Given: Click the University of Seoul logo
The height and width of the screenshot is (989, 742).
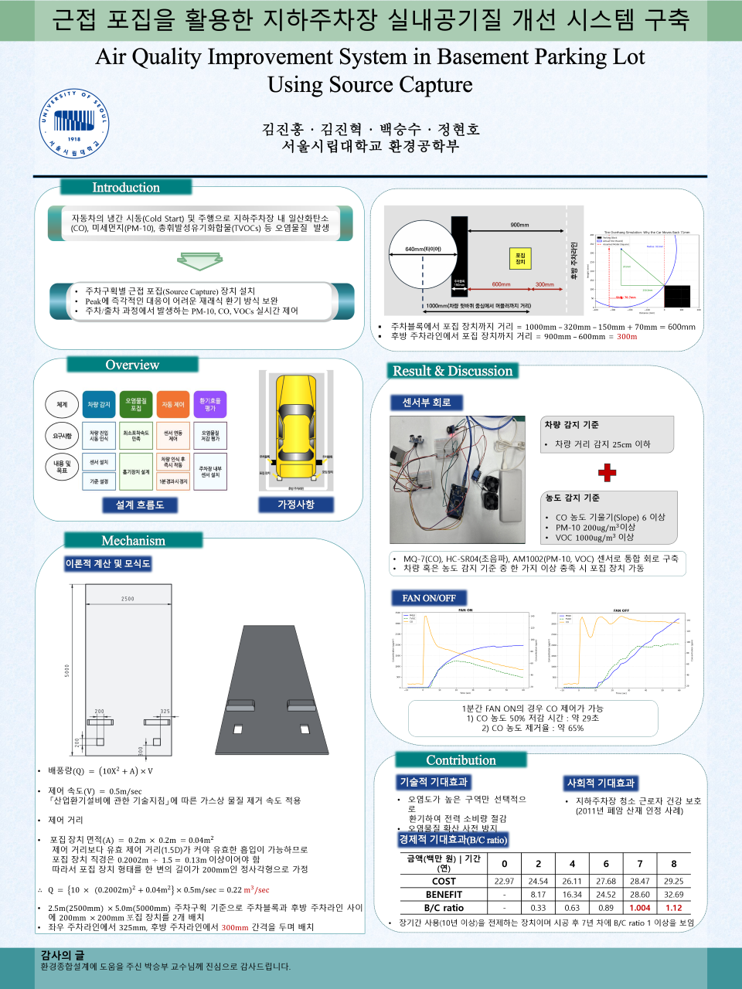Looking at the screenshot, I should pyautogui.click(x=74, y=124).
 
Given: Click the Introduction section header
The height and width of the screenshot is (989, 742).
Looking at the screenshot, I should pyautogui.click(x=125, y=187).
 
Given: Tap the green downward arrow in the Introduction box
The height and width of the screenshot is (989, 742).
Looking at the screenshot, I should pyautogui.click(x=199, y=262).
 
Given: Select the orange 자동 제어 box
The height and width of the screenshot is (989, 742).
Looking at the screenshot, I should pyautogui.click(x=173, y=404).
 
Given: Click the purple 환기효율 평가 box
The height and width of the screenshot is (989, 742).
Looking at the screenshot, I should pyautogui.click(x=210, y=404).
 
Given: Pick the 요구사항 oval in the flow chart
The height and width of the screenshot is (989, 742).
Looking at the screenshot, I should pyautogui.click(x=62, y=436).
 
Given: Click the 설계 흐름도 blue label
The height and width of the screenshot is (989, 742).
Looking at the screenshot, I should pyautogui.click(x=140, y=505).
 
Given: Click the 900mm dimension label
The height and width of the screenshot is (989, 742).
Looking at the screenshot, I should pyautogui.click(x=519, y=225).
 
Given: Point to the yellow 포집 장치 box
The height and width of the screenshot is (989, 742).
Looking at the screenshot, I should pyautogui.click(x=520, y=258).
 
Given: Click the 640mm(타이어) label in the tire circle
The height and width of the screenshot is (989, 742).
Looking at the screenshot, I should pyautogui.click(x=423, y=249).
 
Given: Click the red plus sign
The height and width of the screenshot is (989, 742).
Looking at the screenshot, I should pyautogui.click(x=607, y=472).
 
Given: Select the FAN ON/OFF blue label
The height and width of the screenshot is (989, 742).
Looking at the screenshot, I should pyautogui.click(x=429, y=598).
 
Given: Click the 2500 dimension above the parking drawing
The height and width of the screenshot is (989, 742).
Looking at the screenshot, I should pyautogui.click(x=128, y=599).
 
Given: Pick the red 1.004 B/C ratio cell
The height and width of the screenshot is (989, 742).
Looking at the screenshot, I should pyautogui.click(x=639, y=908).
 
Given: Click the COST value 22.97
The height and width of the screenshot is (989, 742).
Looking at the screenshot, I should pyautogui.click(x=504, y=881).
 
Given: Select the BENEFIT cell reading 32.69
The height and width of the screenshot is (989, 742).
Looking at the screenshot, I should pyautogui.click(x=673, y=895).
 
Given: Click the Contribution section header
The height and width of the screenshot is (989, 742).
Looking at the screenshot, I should pyautogui.click(x=461, y=760).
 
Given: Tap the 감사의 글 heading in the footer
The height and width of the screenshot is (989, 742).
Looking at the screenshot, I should pyautogui.click(x=63, y=955).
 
